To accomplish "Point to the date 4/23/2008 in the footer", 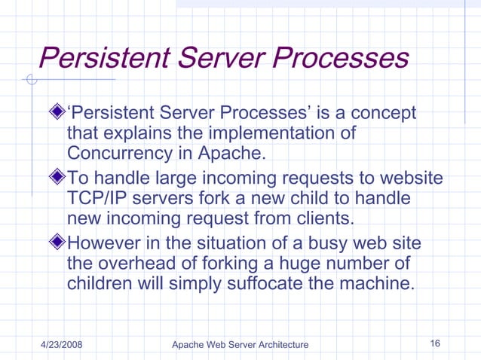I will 61,344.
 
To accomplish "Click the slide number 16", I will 435,343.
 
